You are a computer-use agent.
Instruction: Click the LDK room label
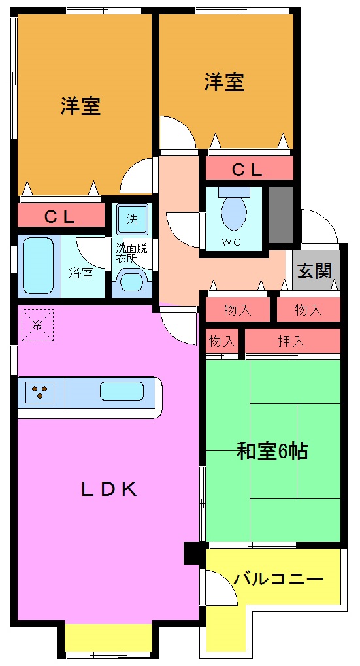click(x=108, y=489)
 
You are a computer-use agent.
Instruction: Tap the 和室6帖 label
click(x=272, y=451)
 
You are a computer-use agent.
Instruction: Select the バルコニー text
click(x=278, y=579)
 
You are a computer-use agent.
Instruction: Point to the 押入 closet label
click(x=292, y=341)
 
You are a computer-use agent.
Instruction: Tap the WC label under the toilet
click(x=231, y=242)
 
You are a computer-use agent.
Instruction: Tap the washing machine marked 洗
click(x=132, y=220)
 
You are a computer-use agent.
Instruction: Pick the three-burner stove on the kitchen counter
click(x=40, y=392)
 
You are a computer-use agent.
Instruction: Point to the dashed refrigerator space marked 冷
click(x=37, y=325)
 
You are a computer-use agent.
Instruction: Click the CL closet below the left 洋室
click(x=61, y=216)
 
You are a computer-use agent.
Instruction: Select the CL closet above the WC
click(x=248, y=170)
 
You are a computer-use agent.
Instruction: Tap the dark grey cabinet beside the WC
click(x=281, y=215)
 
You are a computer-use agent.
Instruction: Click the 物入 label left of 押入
click(x=222, y=341)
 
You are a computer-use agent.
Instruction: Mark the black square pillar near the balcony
click(x=194, y=553)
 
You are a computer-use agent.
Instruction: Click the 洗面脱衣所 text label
click(x=131, y=253)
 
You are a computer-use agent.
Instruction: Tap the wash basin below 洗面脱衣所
click(x=132, y=283)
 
